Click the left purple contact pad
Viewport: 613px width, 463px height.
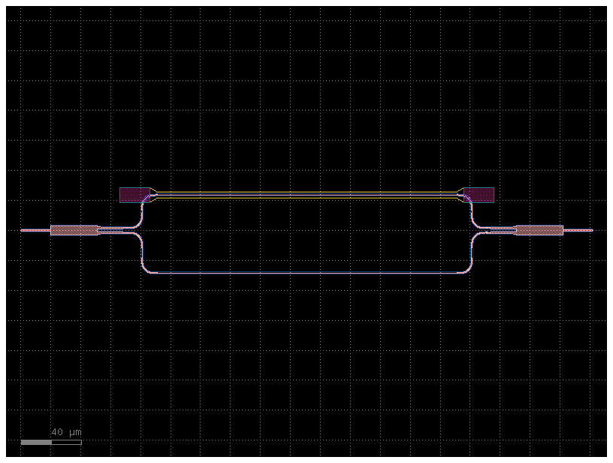point(134,195)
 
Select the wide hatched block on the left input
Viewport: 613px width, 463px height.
point(74,230)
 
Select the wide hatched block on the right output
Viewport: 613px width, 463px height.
point(539,230)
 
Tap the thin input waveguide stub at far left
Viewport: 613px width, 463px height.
point(35,230)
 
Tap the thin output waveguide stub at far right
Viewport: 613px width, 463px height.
point(578,230)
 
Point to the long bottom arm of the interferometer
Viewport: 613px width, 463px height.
point(306,273)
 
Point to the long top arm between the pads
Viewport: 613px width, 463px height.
point(306,195)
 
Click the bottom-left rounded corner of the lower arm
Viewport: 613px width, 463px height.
point(143,269)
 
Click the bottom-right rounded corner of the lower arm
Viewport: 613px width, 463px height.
point(470,269)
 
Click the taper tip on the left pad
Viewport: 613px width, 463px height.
point(154,195)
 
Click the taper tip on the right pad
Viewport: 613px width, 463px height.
point(460,195)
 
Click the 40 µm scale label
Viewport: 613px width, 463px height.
point(66,432)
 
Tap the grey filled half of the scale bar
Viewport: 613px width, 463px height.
point(36,442)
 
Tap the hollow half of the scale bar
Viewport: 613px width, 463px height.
point(66,442)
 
